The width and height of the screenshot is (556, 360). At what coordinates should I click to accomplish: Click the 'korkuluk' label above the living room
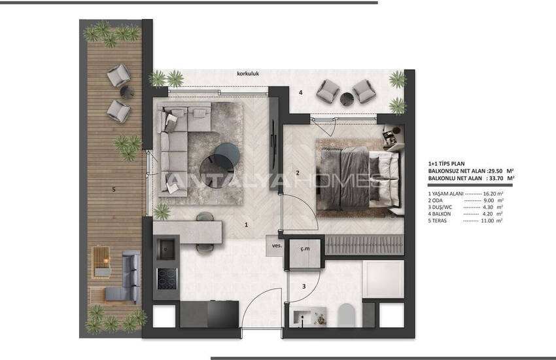(249, 74)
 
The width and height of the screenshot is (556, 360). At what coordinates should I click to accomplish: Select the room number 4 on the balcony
(300, 93)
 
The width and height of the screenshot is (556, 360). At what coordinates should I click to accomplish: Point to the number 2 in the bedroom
(297, 173)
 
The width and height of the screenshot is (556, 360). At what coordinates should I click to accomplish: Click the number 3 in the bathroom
(303, 286)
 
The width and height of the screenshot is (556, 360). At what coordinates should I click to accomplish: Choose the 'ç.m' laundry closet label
(305, 247)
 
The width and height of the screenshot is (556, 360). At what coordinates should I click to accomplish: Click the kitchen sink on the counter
(166, 247)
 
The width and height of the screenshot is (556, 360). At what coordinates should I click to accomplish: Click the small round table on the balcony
(345, 98)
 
